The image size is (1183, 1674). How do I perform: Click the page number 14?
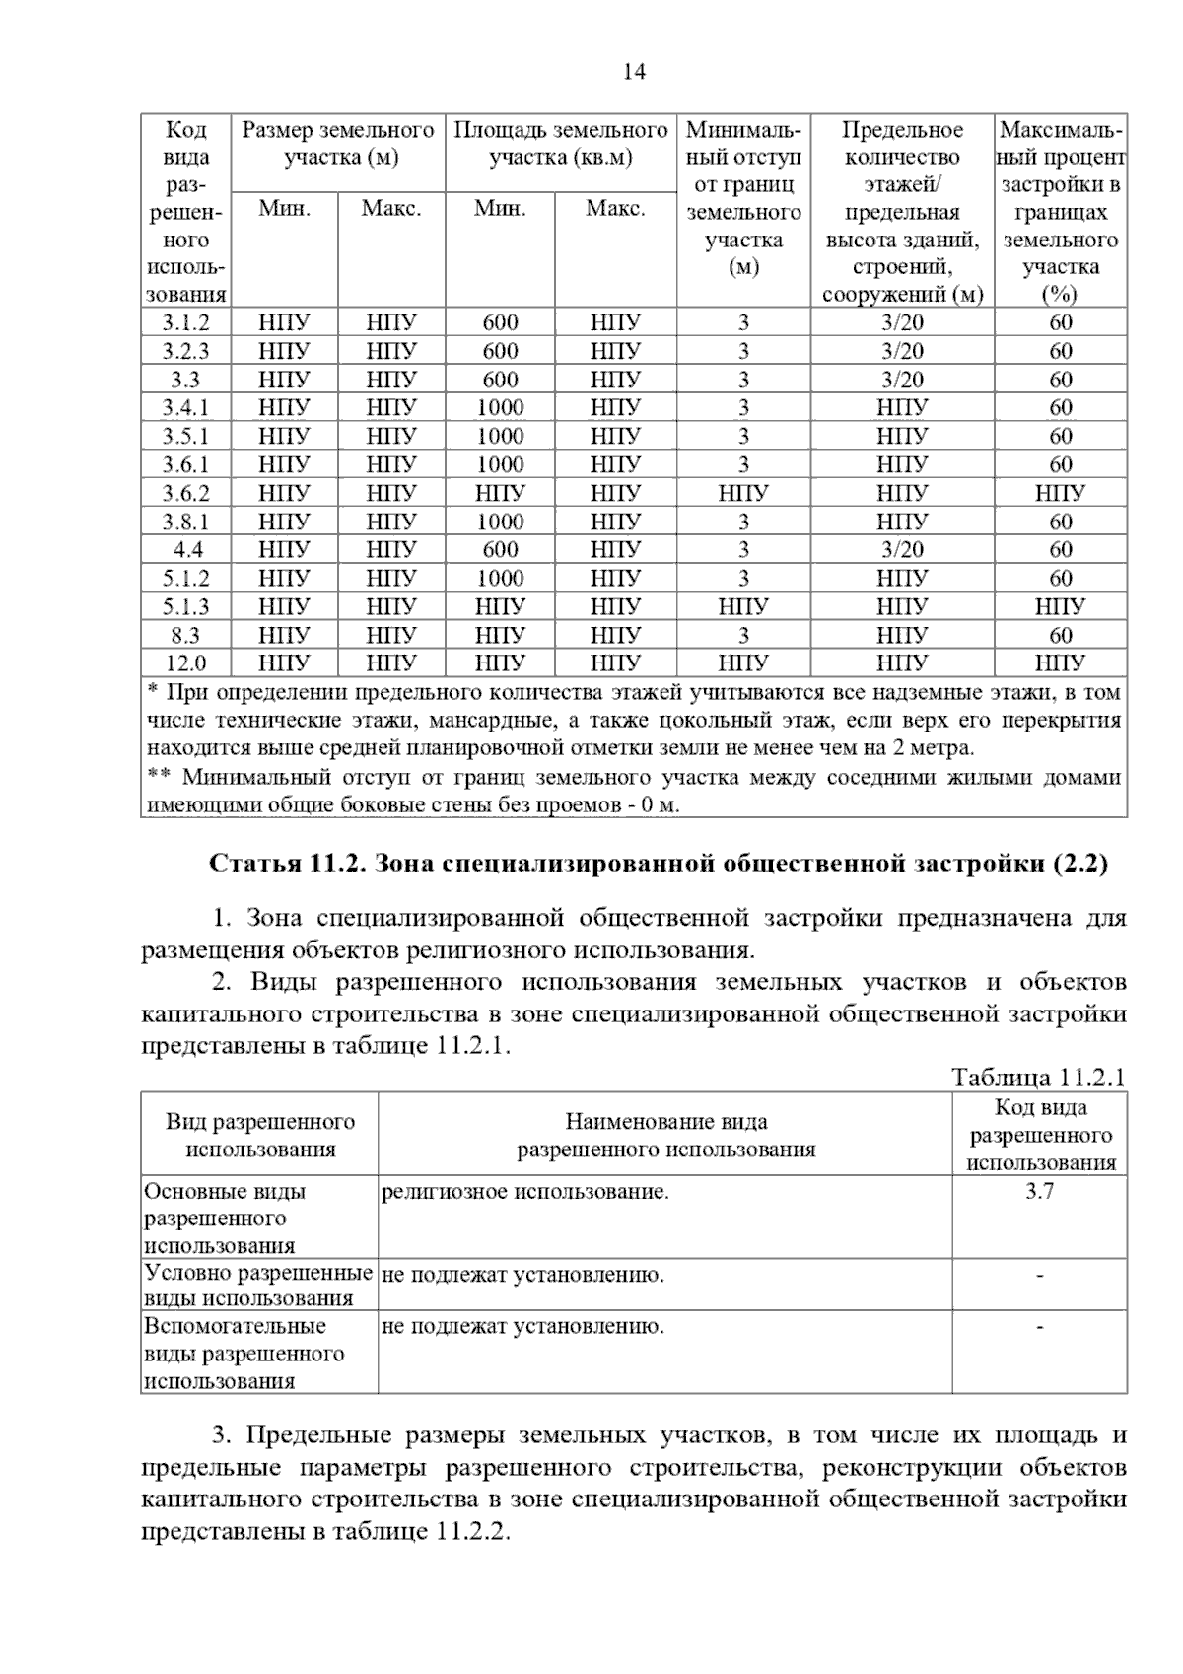pyautogui.click(x=635, y=73)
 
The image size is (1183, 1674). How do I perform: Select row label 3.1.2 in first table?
pyautogui.click(x=185, y=322)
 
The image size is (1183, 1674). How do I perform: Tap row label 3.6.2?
pyautogui.click(x=185, y=493)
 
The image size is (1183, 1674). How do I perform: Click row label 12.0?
pyautogui.click(x=185, y=663)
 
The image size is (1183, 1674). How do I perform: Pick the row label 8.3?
pyautogui.click(x=185, y=635)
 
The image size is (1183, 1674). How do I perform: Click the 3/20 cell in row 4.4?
pyautogui.click(x=902, y=550)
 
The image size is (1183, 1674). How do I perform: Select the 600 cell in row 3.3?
pyautogui.click(x=500, y=380)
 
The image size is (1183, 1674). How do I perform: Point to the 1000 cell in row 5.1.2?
pyautogui.click(x=500, y=579)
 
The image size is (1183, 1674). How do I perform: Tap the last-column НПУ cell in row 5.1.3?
pyautogui.click(x=1060, y=606)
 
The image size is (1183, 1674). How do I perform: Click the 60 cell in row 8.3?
pyautogui.click(x=1060, y=635)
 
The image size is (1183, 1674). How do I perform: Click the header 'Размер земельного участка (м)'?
pyautogui.click(x=338, y=144)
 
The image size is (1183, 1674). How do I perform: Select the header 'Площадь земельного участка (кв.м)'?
pyautogui.click(x=560, y=144)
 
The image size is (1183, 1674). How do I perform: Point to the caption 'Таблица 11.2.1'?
pyautogui.click(x=1037, y=1077)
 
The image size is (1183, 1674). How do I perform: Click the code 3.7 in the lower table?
pyautogui.click(x=1039, y=1191)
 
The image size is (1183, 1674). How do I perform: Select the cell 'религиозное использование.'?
pyautogui.click(x=524, y=1192)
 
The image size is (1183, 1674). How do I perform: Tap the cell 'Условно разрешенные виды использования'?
pyautogui.click(x=258, y=1286)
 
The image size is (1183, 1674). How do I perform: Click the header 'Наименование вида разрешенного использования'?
pyautogui.click(x=665, y=1135)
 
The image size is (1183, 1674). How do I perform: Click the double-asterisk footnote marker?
pyautogui.click(x=158, y=776)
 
